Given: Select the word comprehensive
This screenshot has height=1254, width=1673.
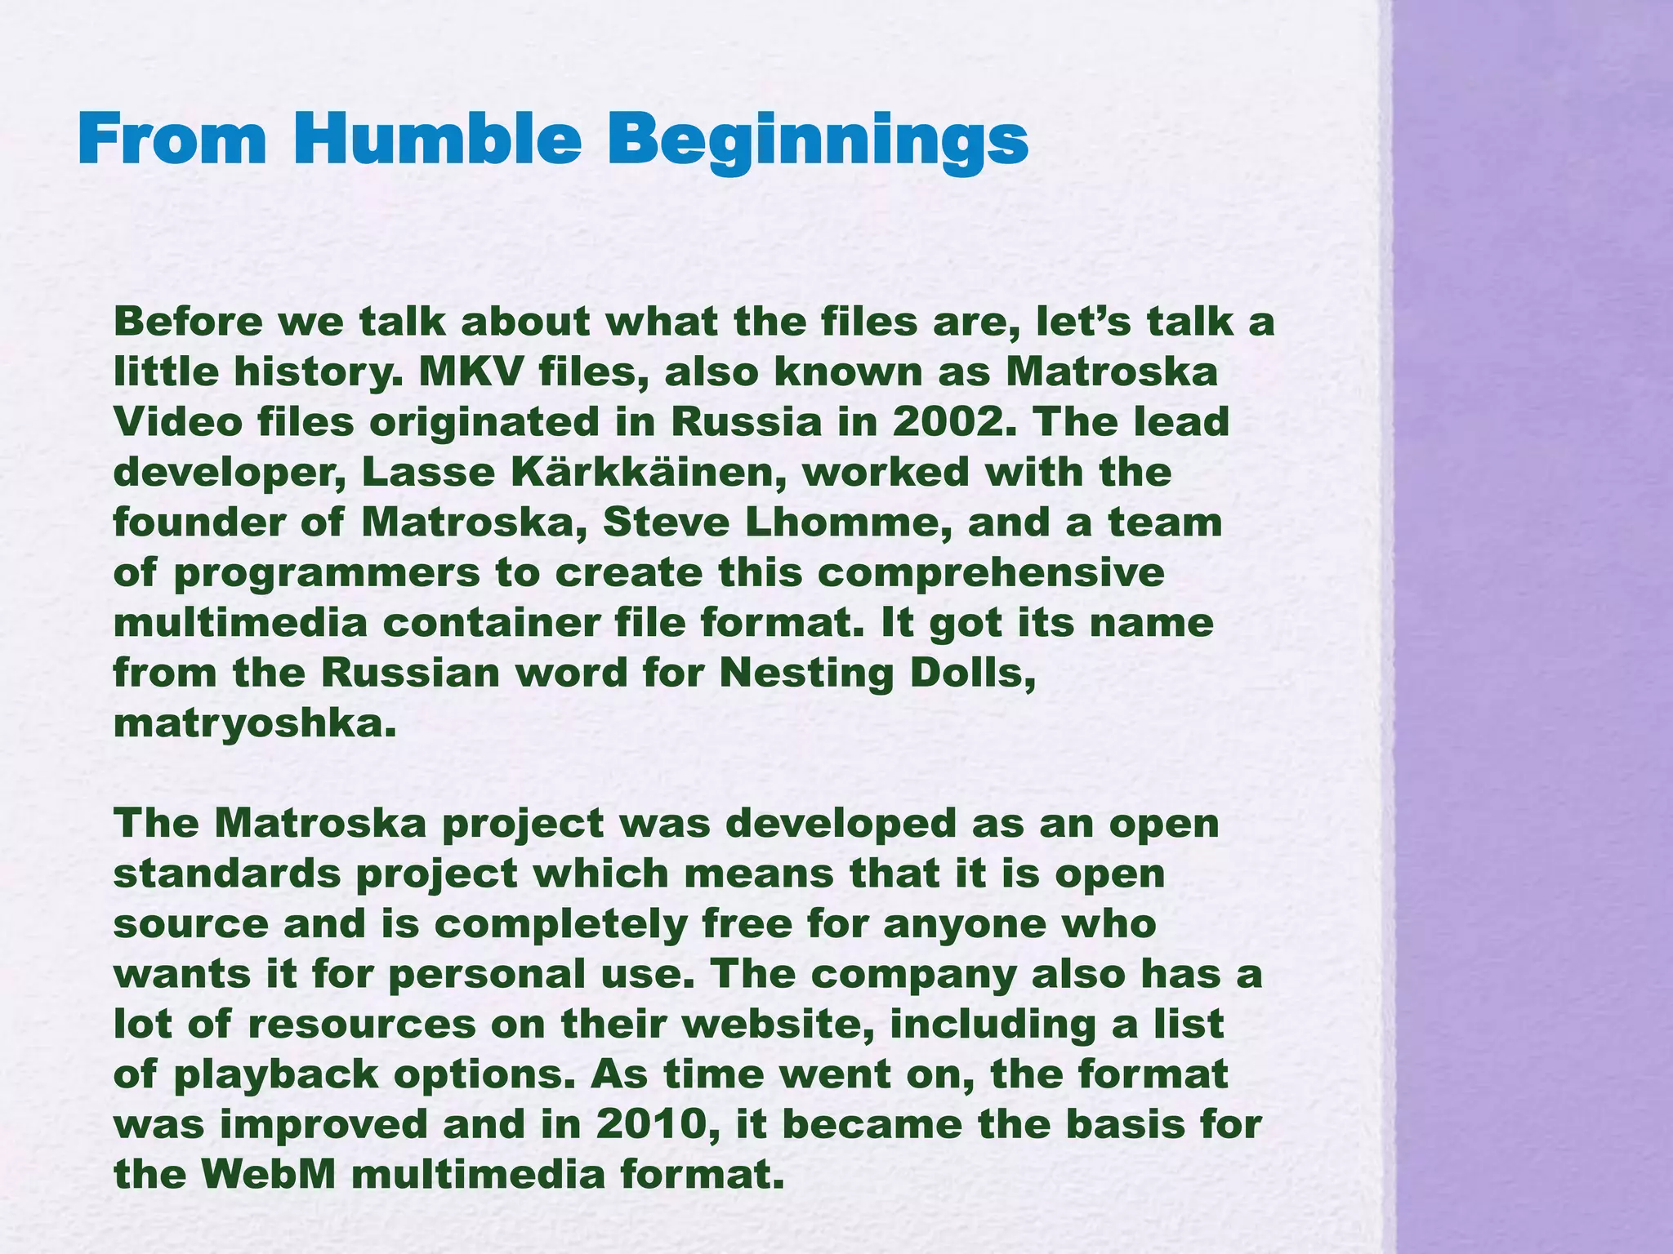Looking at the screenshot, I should tap(990, 574).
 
